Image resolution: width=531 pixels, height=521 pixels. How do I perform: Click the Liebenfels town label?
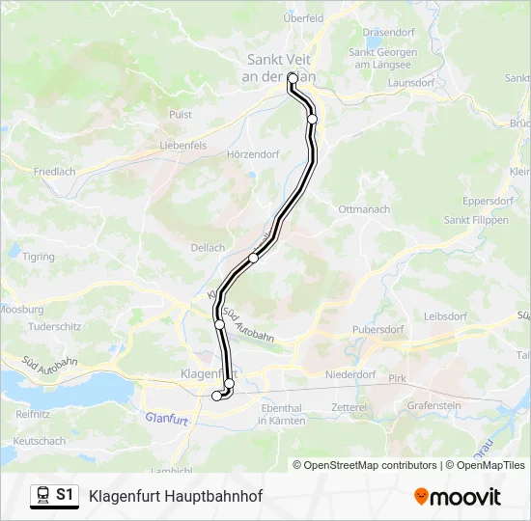[x=183, y=146]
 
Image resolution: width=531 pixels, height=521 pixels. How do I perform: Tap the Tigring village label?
[x=40, y=257]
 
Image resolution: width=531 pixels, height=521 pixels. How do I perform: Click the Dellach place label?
[x=208, y=248]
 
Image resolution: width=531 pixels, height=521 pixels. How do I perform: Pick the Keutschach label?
[x=40, y=441]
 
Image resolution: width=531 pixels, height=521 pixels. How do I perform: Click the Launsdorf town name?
[x=410, y=83]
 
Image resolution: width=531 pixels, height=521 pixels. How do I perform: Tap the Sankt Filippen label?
[x=475, y=220]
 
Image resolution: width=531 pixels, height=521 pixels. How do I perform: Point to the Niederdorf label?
[x=349, y=374]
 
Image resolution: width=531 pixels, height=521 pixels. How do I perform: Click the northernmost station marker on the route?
[x=292, y=78]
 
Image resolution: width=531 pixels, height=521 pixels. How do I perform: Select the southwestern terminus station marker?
[x=216, y=395]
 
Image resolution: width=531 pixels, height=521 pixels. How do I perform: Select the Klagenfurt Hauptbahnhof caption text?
[x=175, y=497]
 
